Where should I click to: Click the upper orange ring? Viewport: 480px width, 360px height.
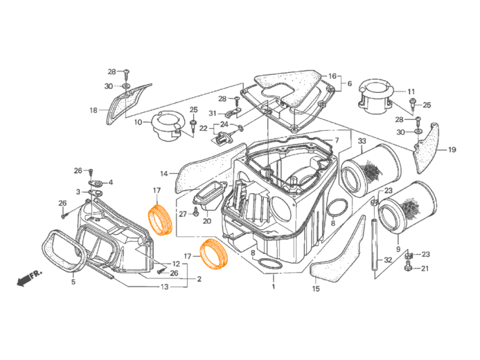161,220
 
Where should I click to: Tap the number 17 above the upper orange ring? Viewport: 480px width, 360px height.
157,190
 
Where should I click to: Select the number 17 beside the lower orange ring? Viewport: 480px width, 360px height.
187,237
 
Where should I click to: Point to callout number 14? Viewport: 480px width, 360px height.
164,173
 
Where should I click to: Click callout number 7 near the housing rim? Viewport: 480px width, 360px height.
337,141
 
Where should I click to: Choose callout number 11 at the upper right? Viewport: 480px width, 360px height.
411,91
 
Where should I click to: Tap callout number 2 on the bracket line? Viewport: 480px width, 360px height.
199,279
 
